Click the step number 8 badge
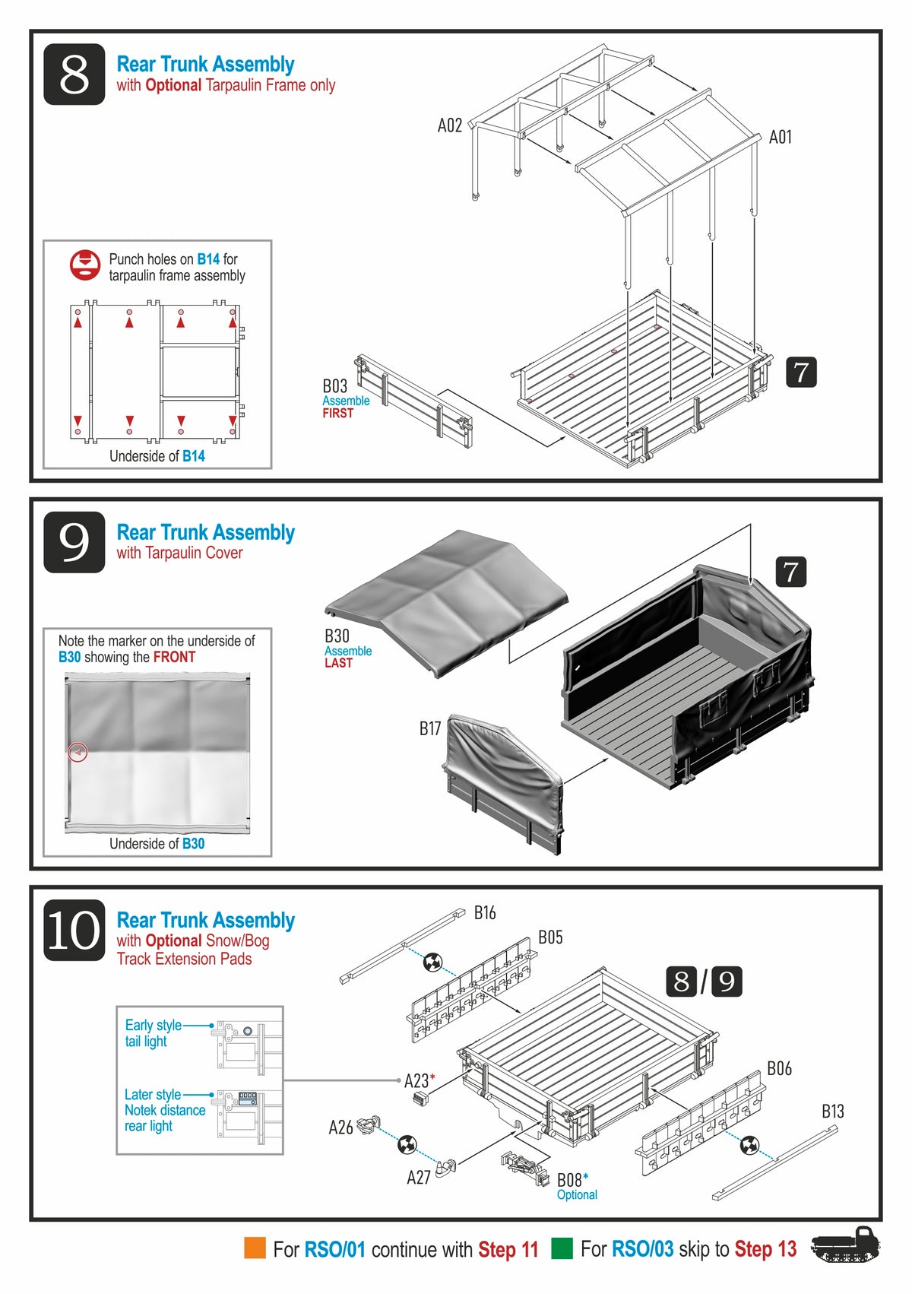coord(74,75)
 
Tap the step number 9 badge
coord(74,542)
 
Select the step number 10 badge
coord(74,930)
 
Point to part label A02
coord(450,125)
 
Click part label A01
coord(780,137)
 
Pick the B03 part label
coord(334,386)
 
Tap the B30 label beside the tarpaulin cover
coord(337,636)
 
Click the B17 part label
coord(430,728)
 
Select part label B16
coord(485,912)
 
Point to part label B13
coord(833,1111)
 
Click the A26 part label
coord(340,1127)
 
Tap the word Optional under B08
coord(577,1195)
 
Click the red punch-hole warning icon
coord(85,265)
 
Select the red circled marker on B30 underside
coord(78,753)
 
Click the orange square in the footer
coord(255,1248)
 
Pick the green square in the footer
coord(562,1248)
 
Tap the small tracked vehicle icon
coord(845,1245)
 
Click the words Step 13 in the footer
coord(765,1249)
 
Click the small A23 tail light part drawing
coord(420,1099)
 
